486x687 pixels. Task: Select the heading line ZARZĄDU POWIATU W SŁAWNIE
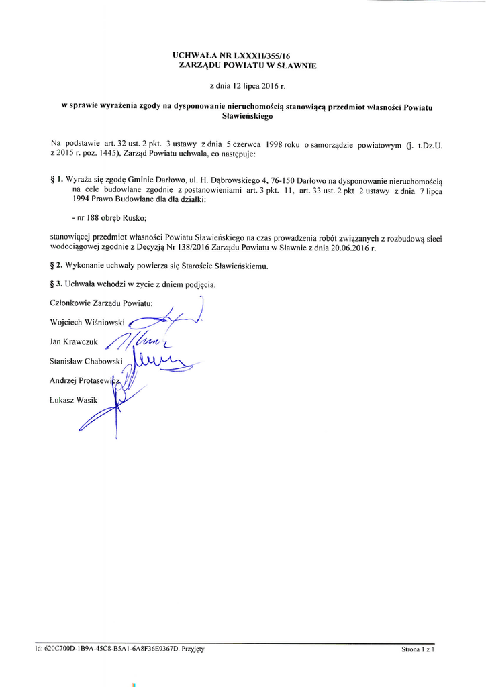(x=242, y=66)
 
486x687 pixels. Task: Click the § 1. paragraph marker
(x=57, y=180)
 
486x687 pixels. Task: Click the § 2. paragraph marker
(x=57, y=266)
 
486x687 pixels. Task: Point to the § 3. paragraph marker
(x=57, y=284)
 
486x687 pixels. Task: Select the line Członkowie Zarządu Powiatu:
(x=101, y=303)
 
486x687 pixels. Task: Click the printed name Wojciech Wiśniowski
(x=87, y=323)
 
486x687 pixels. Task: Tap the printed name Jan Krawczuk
(x=74, y=341)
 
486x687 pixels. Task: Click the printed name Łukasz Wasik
(x=74, y=400)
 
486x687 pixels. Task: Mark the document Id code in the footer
(x=113, y=649)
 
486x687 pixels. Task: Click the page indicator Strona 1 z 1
(x=418, y=649)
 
